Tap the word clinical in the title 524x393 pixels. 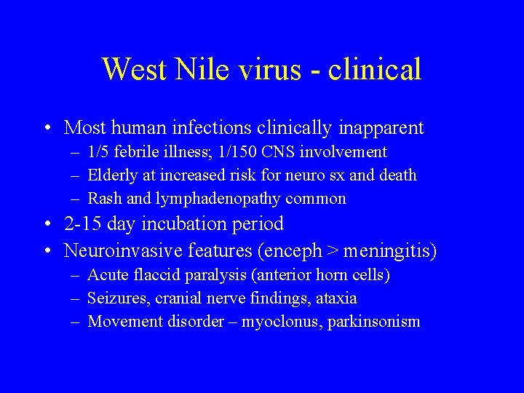coord(375,69)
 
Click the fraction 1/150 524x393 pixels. coord(238,152)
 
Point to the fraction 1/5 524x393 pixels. coord(98,152)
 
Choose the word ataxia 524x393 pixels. coord(336,298)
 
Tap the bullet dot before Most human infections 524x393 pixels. coord(47,129)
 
